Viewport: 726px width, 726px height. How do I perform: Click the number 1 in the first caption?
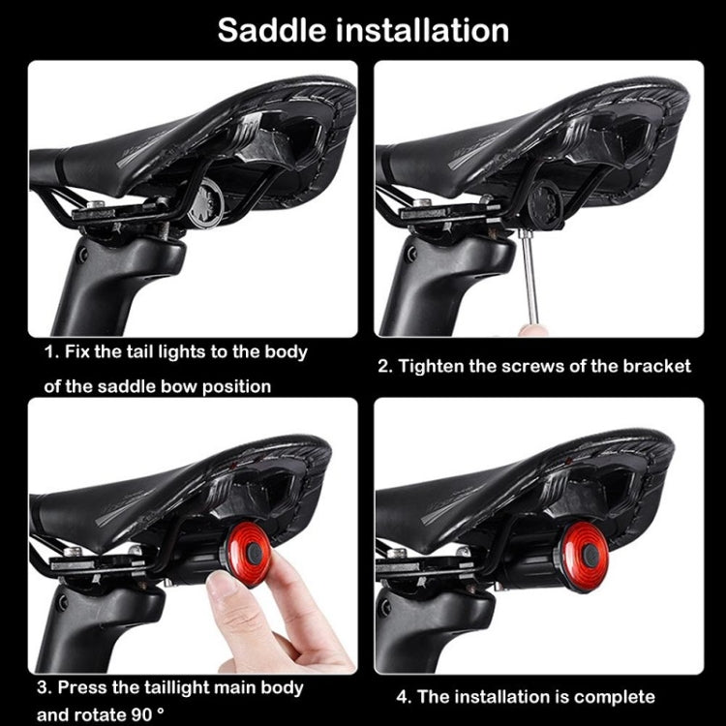(x=49, y=351)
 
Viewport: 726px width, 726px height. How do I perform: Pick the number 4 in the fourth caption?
(x=398, y=696)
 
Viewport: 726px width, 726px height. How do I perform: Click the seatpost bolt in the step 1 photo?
(x=82, y=255)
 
